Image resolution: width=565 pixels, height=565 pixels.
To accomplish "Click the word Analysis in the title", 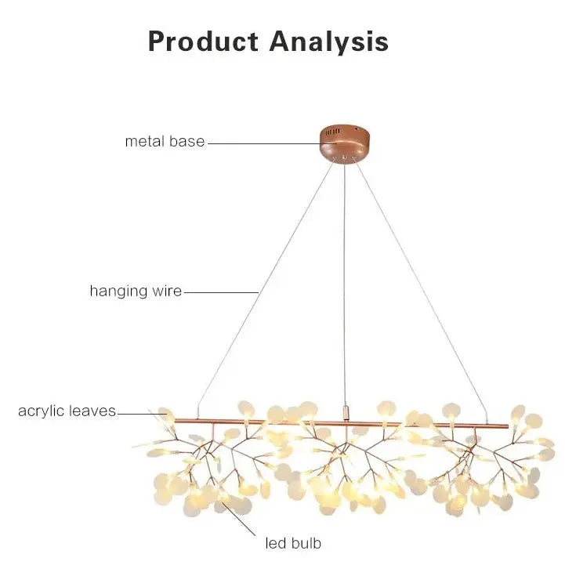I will pos(329,42).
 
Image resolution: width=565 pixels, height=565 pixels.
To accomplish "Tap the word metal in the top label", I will pos(145,142).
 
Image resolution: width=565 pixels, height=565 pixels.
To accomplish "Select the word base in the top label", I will pos(186,142).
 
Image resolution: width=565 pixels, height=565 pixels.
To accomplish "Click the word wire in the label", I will pos(166,292).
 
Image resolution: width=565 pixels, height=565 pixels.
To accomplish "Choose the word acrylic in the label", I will pos(43,411).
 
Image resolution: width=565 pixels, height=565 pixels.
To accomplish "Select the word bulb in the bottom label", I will pos(305,542).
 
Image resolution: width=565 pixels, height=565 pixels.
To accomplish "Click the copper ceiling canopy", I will pos(343,143).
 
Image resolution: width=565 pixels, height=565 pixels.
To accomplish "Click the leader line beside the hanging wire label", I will pos(220,292).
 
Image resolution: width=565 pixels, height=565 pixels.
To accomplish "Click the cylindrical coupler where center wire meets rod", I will pos(345,411).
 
